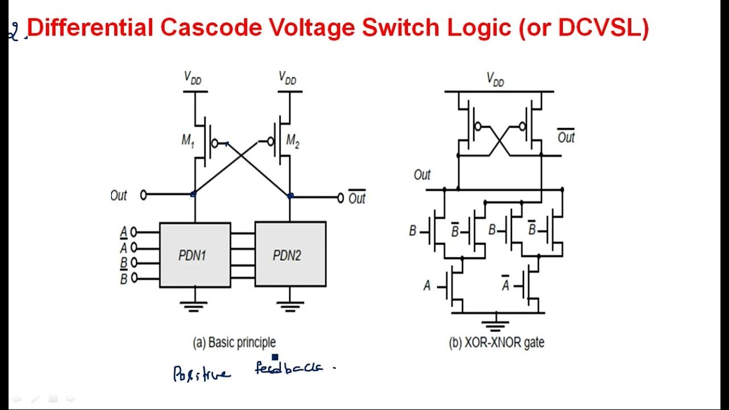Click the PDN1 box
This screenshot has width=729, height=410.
[195, 255]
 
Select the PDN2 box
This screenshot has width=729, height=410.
[290, 255]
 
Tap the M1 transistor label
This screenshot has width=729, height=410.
[188, 141]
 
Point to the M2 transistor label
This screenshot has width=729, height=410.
[293, 141]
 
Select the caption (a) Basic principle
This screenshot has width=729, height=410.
[234, 342]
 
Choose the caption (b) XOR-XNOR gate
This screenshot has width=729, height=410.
[497, 342]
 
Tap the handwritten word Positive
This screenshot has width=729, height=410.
[202, 373]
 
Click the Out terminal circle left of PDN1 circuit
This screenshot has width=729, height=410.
[144, 195]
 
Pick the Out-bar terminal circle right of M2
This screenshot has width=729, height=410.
[341, 198]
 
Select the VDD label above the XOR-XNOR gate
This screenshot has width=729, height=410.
[495, 79]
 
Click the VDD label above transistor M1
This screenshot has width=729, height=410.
[193, 77]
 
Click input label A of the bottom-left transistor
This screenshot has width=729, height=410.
[427, 285]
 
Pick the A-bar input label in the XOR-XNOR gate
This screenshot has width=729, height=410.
[505, 285]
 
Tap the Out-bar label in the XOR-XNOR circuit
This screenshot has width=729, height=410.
[566, 137]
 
